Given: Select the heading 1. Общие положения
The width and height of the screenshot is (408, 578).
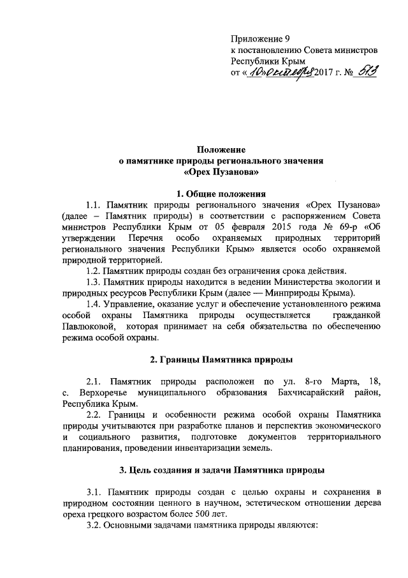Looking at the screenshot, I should [221, 193].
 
